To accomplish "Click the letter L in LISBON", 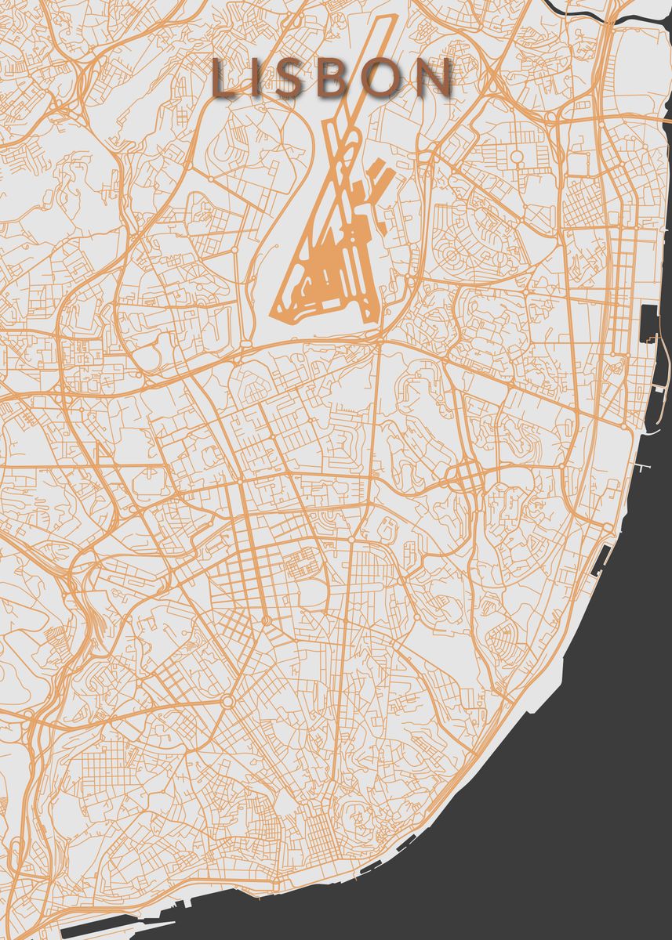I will (x=228, y=80).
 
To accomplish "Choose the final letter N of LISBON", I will (x=434, y=80).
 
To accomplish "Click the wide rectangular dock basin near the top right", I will (x=648, y=324).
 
